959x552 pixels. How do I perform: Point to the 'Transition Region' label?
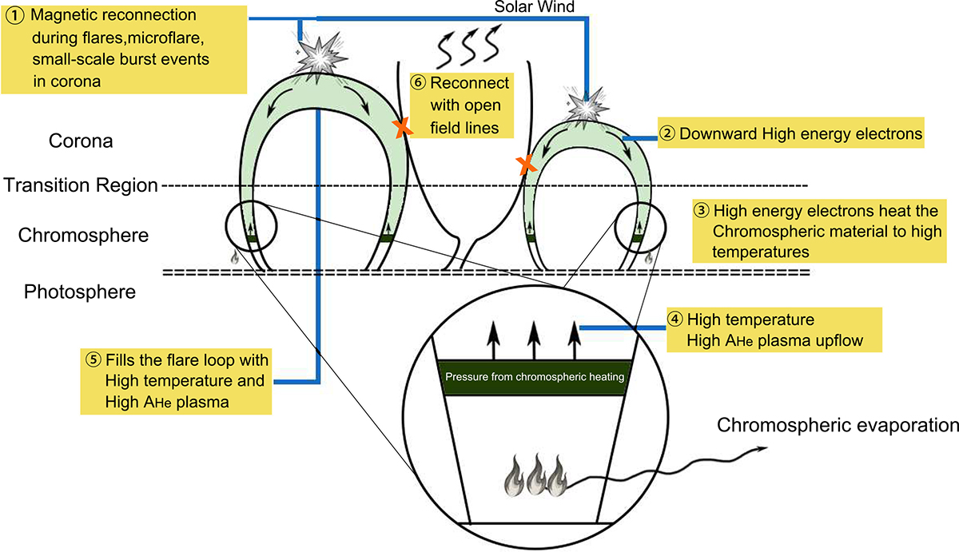click(x=81, y=185)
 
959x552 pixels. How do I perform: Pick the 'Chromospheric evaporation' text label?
click(x=836, y=424)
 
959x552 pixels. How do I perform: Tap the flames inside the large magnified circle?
click(x=535, y=476)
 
